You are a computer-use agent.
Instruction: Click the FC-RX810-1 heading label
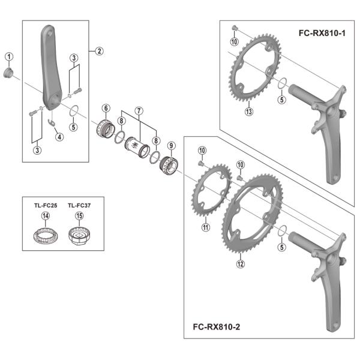tap(322, 33)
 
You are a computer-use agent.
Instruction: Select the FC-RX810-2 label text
tap(216, 327)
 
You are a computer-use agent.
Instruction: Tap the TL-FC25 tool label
tap(46, 205)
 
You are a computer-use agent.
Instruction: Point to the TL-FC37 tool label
tap(79, 205)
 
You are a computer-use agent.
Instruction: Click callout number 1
tap(9, 57)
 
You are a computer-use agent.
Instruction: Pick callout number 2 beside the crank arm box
tap(99, 51)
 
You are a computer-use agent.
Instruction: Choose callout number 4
tap(59, 137)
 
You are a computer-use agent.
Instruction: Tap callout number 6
tap(106, 108)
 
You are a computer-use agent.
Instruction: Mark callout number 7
tap(139, 111)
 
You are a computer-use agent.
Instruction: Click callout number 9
tap(171, 146)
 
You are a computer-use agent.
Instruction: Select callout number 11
tap(205, 227)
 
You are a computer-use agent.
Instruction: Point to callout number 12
tap(241, 264)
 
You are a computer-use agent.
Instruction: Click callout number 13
tap(249, 112)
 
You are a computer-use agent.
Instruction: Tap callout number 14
tap(46, 216)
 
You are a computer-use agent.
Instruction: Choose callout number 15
tap(79, 216)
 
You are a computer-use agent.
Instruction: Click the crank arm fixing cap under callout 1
tap(8, 73)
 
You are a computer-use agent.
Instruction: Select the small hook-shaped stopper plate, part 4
tap(52, 122)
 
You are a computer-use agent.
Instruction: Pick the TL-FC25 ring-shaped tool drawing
tap(46, 235)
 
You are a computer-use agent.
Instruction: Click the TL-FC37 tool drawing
tap(79, 235)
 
